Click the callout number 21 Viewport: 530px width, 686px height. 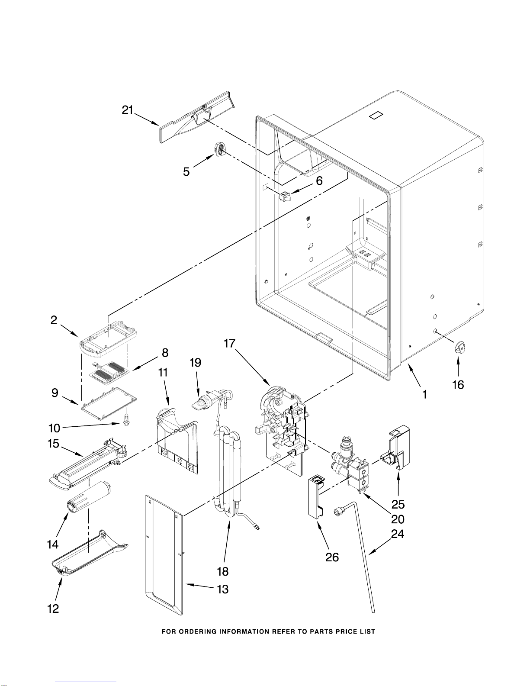click(x=128, y=110)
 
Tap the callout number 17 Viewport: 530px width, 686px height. click(x=230, y=344)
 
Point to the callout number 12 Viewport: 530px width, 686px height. click(x=53, y=609)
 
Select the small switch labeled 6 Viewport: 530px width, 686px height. click(x=285, y=196)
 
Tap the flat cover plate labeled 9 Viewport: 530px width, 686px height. click(x=109, y=404)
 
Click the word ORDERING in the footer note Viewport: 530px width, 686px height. click(x=197, y=632)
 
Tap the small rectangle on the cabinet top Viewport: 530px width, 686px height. click(x=376, y=115)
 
